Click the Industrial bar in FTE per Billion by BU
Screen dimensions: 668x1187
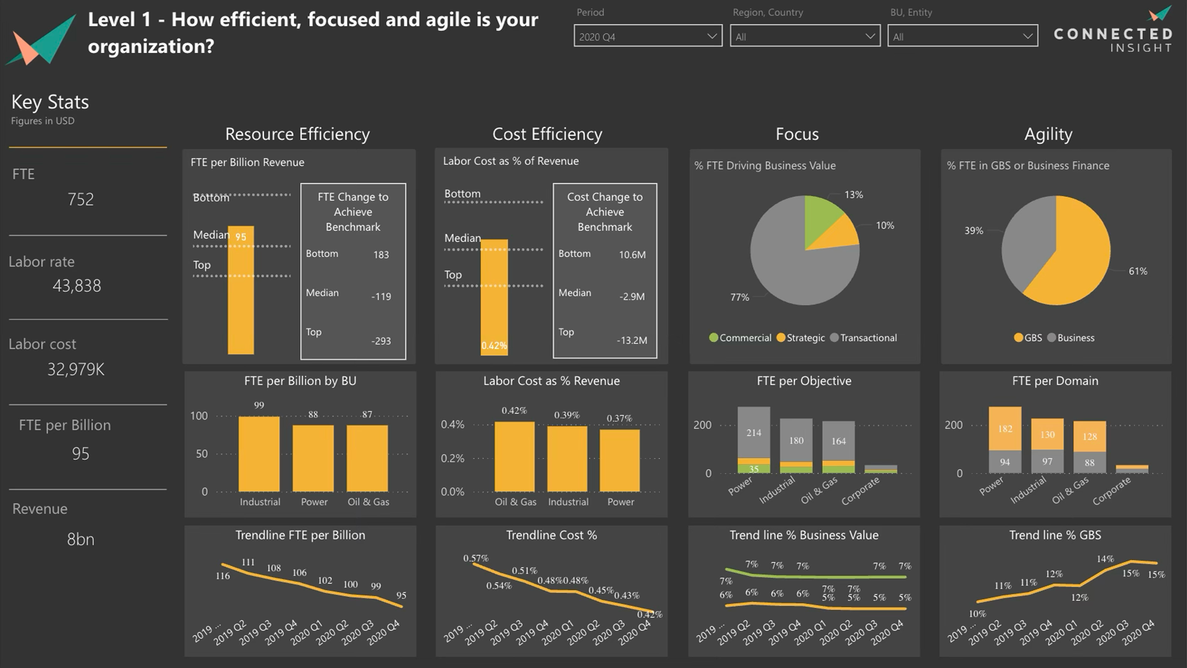pos(259,454)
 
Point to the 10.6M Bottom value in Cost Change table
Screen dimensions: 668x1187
pos(632,254)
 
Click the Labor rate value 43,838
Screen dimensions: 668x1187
pos(76,286)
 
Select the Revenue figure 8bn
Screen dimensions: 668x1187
pos(81,539)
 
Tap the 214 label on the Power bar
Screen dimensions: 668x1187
pos(754,433)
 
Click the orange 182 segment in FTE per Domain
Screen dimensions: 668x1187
pos(1005,429)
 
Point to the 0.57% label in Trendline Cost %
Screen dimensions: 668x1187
pos(476,558)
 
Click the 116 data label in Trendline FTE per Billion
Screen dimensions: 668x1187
pos(222,576)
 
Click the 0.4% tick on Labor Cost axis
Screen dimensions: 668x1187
pos(452,424)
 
